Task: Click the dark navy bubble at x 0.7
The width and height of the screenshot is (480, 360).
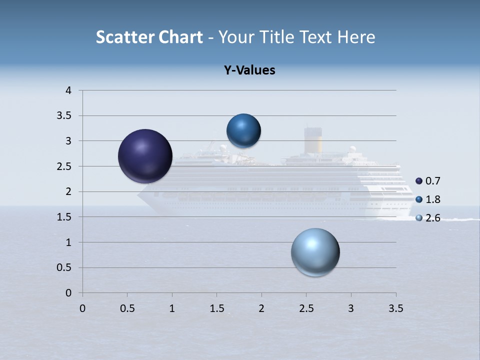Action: pyautogui.click(x=145, y=156)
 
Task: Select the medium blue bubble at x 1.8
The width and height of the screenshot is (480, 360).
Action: pyautogui.click(x=243, y=131)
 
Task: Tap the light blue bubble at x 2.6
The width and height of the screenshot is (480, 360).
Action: pyautogui.click(x=315, y=252)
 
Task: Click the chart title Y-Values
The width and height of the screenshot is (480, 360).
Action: pyautogui.click(x=249, y=70)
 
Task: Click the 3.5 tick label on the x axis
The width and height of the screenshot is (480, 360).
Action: pyautogui.click(x=395, y=308)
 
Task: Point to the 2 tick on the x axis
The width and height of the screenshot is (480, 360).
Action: pyautogui.click(x=261, y=308)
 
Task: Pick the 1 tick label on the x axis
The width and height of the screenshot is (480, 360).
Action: pyautogui.click(x=172, y=308)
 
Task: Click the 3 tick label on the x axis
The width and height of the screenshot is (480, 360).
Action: pyautogui.click(x=351, y=308)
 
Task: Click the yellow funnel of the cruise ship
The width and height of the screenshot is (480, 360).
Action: pyautogui.click(x=313, y=141)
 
